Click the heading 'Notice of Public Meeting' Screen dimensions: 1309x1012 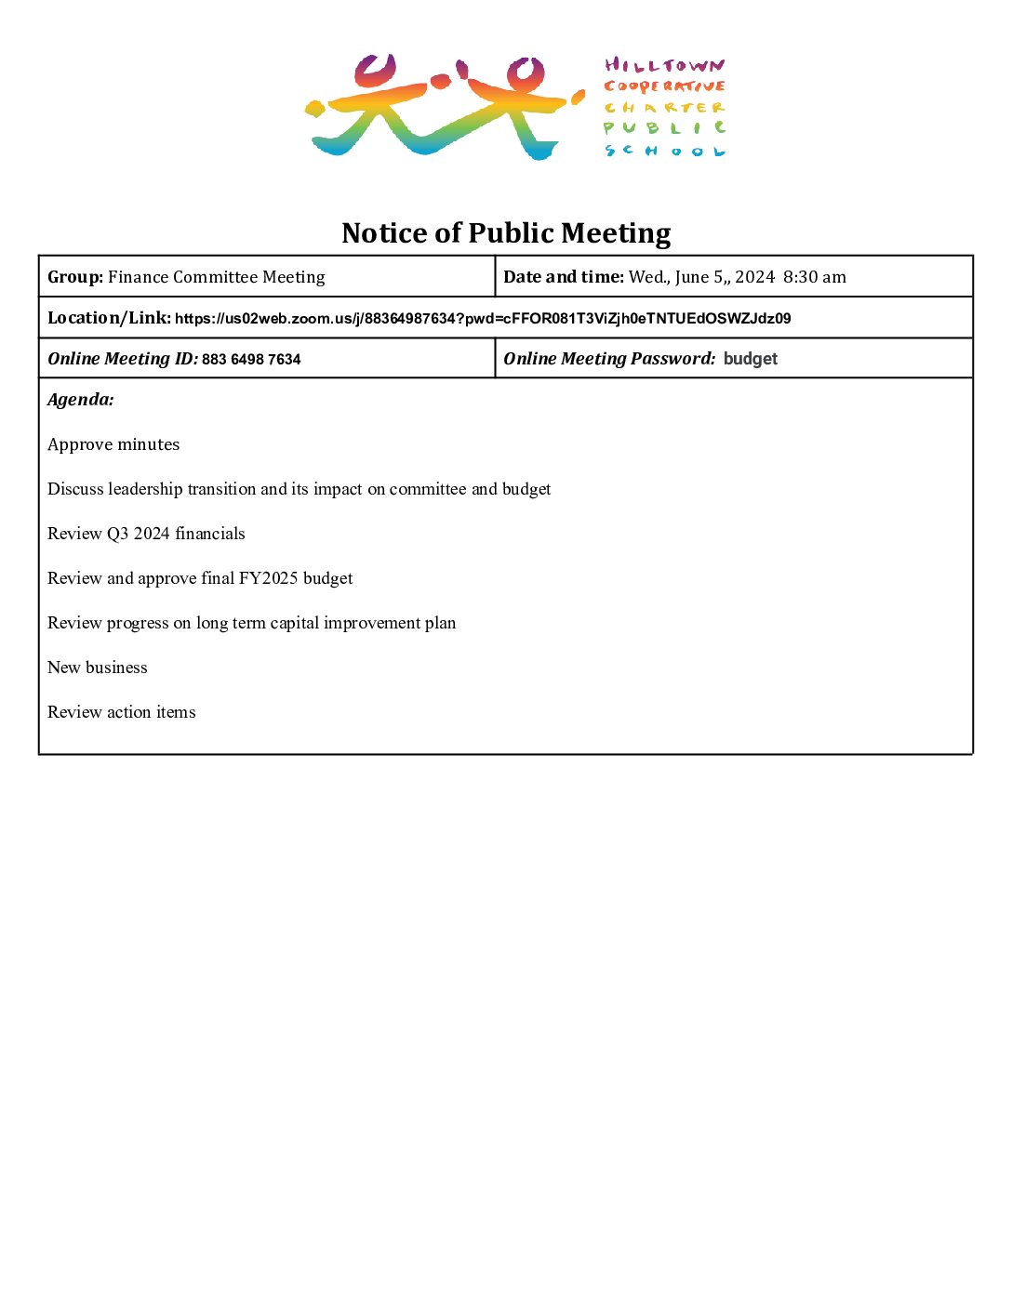tap(506, 232)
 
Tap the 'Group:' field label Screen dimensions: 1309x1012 tap(75, 277)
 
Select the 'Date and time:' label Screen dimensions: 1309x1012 tap(564, 277)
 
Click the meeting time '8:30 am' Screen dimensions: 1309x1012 tap(815, 277)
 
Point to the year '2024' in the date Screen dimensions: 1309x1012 tap(754, 277)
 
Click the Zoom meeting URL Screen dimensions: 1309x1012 tap(483, 319)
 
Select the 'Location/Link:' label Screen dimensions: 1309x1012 tap(109, 318)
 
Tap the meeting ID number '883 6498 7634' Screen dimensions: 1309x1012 tap(251, 360)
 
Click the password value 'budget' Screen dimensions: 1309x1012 tap(750, 359)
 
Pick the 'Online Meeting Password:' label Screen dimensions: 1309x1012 tap(609, 359)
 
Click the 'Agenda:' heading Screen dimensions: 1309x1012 tap(81, 400)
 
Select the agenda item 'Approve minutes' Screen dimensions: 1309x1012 tap(113, 444)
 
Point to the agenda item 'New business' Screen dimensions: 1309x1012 tap(98, 668)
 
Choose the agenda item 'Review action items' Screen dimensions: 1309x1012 tap(122, 712)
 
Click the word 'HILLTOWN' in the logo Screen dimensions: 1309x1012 tap(664, 65)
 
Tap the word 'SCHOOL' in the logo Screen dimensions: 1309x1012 tap(664, 151)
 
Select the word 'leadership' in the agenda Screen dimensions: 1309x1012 tap(145, 489)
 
